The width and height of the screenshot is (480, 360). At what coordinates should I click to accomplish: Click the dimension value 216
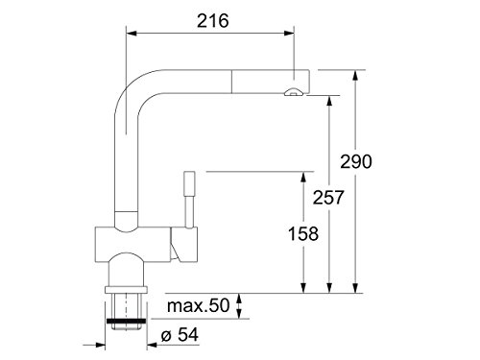213,21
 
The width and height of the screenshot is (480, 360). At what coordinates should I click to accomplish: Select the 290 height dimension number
356,161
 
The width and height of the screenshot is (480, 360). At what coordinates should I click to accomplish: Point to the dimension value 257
328,198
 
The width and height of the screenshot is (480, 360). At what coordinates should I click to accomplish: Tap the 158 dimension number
303,233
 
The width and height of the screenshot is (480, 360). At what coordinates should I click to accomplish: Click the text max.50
199,305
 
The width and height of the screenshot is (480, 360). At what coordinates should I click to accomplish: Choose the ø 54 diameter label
180,335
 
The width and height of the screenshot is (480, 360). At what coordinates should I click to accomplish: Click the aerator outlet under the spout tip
293,93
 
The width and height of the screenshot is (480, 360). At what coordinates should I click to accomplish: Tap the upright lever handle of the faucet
189,200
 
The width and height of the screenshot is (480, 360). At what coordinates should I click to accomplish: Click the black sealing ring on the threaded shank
126,321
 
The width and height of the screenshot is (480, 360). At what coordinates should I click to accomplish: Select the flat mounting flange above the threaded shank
126,290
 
